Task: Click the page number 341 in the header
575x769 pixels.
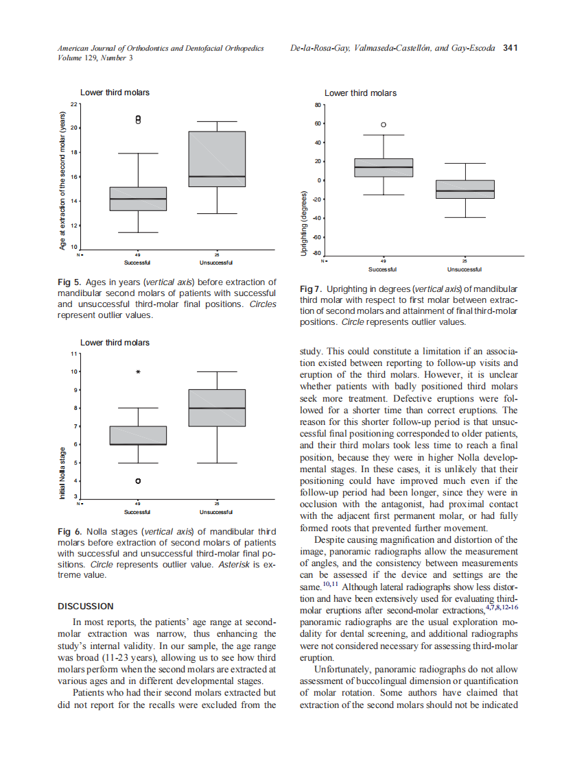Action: (510, 48)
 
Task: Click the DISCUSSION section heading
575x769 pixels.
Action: (86, 606)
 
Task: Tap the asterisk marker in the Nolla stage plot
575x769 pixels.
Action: (139, 372)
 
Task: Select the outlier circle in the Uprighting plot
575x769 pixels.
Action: (384, 125)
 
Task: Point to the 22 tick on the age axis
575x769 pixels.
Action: (74, 103)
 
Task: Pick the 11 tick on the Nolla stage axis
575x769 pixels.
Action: (74, 354)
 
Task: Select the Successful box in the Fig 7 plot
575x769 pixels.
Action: (384, 168)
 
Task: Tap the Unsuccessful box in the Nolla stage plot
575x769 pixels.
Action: (217, 408)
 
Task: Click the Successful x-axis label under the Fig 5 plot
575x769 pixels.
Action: (138, 263)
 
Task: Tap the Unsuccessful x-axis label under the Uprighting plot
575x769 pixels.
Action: (464, 269)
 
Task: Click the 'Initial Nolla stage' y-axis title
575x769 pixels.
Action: (62, 473)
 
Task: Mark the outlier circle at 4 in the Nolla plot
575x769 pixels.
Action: (139, 481)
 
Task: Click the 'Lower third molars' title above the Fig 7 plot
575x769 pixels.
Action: (360, 93)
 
